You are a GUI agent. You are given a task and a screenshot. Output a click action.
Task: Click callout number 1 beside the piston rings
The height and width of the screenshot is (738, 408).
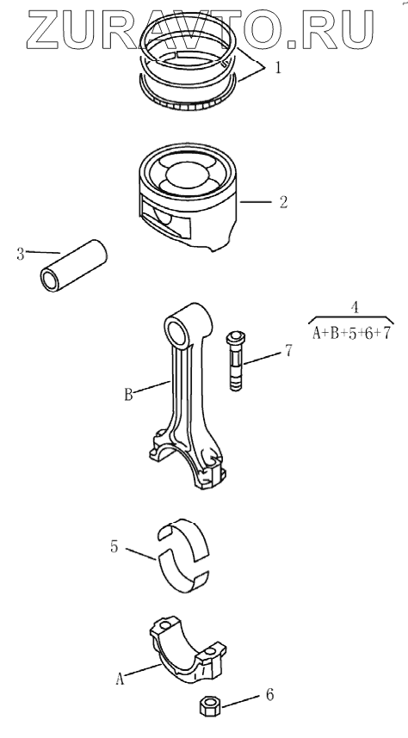click(277, 69)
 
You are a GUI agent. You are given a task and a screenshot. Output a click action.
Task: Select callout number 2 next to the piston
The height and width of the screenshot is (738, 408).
click(282, 202)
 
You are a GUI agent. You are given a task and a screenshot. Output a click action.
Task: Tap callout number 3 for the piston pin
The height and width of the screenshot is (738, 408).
click(21, 255)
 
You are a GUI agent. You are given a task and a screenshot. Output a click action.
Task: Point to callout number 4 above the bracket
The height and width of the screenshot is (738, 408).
click(355, 307)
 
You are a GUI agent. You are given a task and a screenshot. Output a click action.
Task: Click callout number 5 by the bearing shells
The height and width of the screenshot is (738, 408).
click(114, 547)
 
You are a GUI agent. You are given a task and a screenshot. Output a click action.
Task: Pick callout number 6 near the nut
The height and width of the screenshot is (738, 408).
click(270, 695)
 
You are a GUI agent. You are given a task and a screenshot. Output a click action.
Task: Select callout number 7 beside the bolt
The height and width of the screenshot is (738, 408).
click(288, 350)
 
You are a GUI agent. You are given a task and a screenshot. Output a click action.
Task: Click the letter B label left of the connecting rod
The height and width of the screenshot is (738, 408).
click(128, 394)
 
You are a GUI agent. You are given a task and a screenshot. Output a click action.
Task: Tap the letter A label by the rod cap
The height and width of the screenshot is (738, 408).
click(121, 680)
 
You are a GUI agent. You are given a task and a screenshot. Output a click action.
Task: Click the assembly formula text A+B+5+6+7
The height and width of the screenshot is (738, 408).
click(351, 334)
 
